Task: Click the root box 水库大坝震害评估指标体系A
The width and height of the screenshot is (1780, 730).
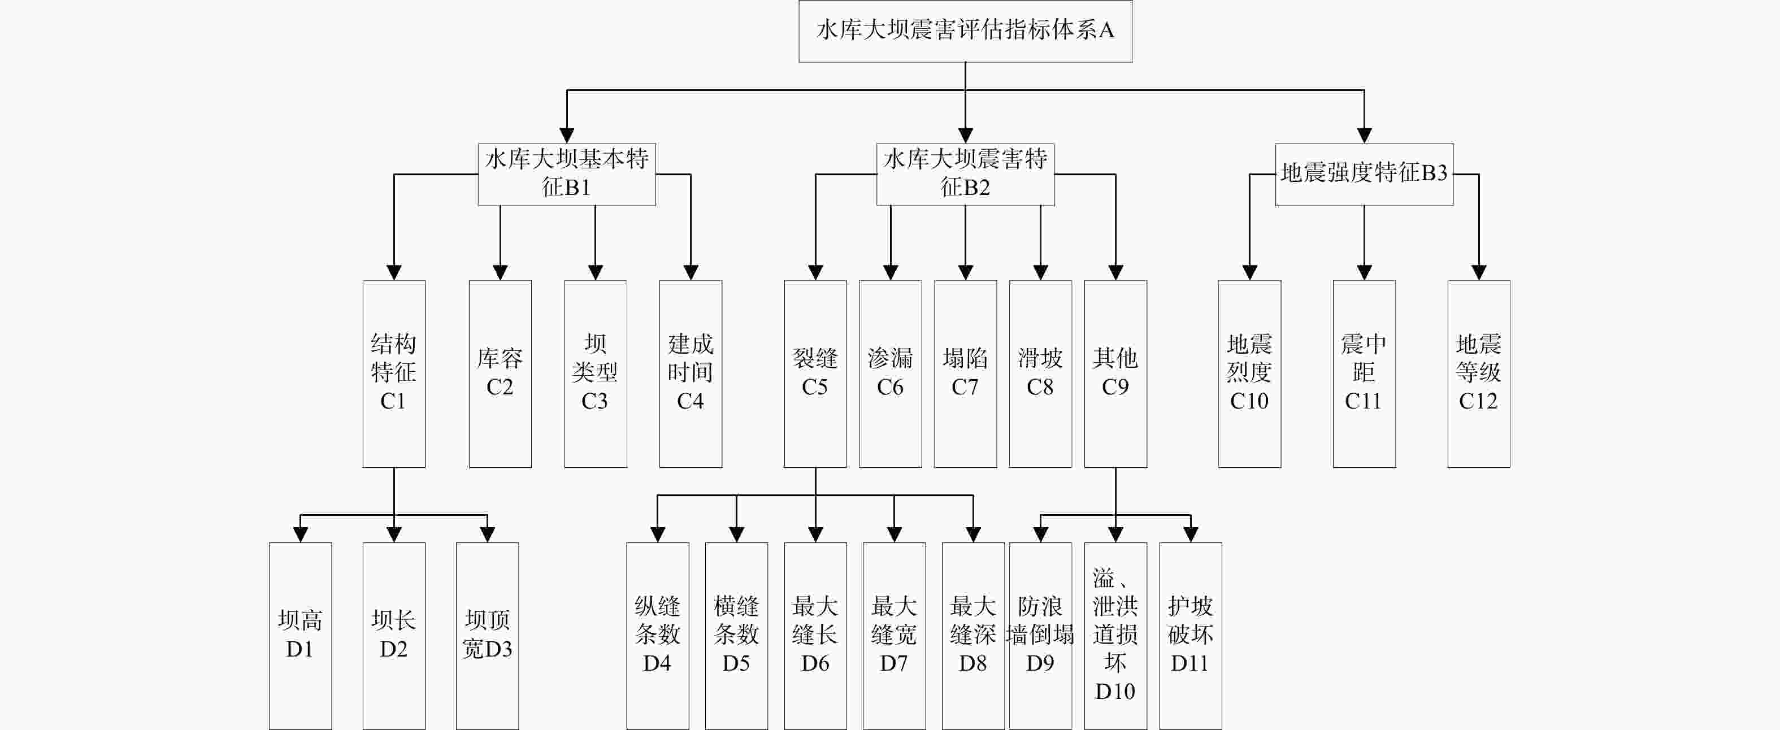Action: (x=965, y=31)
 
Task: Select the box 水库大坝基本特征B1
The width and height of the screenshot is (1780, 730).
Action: (x=567, y=174)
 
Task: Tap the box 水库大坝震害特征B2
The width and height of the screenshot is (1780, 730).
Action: (x=965, y=174)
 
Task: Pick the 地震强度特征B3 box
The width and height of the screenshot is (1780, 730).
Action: (x=1364, y=174)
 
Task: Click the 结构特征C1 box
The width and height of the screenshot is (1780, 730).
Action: (x=394, y=373)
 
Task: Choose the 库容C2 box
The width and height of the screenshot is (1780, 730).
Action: (x=500, y=373)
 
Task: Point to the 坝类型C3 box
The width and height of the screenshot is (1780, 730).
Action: (x=596, y=373)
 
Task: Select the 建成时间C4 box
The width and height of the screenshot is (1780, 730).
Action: (x=691, y=373)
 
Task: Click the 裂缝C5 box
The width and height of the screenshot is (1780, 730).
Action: (x=815, y=373)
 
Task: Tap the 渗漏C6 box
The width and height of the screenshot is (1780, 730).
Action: (x=891, y=373)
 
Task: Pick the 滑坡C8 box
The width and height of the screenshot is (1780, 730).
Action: (x=1041, y=373)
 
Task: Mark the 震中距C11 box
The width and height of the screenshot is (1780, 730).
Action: (x=1364, y=373)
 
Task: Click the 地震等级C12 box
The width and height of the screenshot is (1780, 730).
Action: (x=1479, y=373)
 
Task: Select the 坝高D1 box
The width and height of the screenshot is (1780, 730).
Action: (x=301, y=636)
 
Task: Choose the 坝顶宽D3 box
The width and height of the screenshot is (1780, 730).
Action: (x=487, y=636)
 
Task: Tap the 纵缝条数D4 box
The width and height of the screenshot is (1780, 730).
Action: (x=658, y=636)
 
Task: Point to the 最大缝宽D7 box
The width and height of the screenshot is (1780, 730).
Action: (x=894, y=636)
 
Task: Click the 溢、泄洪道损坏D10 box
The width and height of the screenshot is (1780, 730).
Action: (x=1116, y=636)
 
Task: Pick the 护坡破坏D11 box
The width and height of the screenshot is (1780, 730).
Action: (x=1191, y=636)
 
